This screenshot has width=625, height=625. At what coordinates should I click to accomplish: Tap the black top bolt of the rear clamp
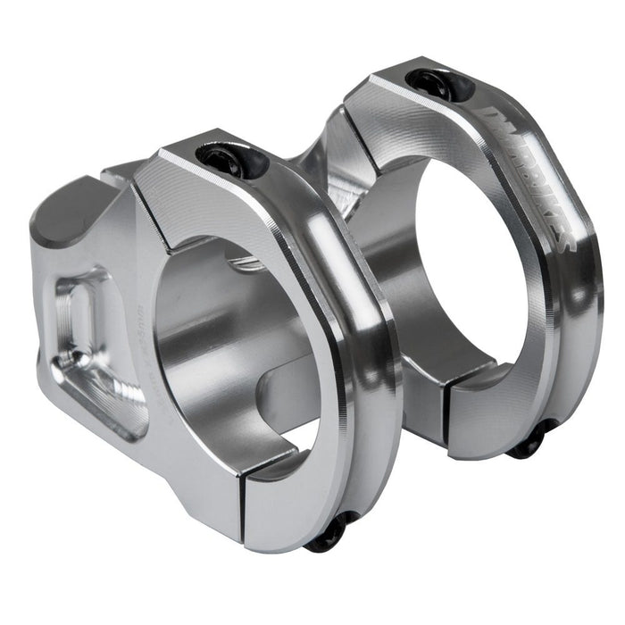438,82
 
